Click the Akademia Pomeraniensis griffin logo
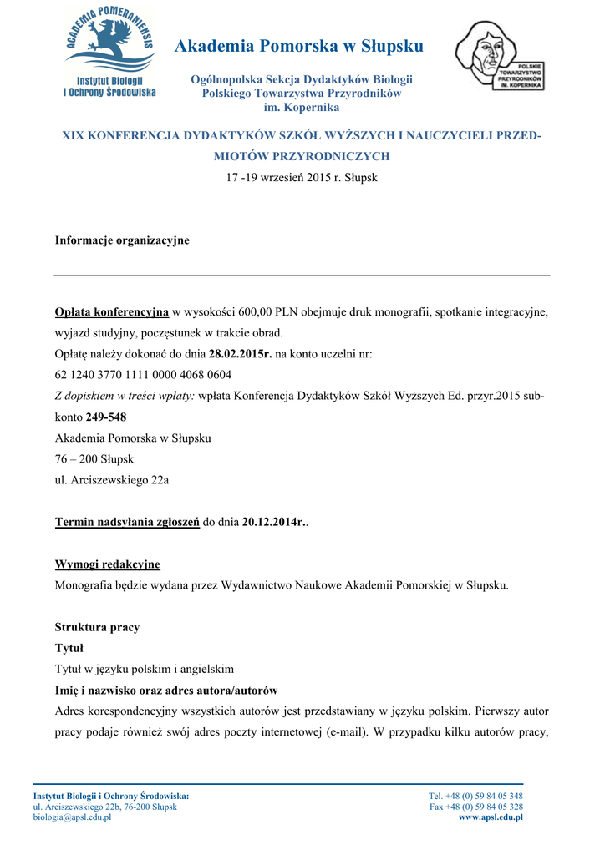pos(109,52)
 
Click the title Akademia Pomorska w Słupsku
pos(299,46)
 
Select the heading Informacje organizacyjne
pos(122,240)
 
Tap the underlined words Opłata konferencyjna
pos(112,312)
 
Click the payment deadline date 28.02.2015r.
pos(241,354)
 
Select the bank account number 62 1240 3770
pos(143,375)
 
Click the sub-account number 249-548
pos(106,417)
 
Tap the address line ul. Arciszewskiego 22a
pos(112,479)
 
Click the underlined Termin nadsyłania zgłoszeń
pos(127,522)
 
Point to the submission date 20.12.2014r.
pos(274,522)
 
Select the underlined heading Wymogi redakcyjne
pos(107,564)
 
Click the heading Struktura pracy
pos(97,627)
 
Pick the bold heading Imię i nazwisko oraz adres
pos(166,691)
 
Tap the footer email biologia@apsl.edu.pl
pos(72,817)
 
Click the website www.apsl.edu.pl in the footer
pos(491,817)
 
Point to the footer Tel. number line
pos(475,796)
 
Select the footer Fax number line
pos(476,807)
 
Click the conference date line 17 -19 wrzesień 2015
pos(302,178)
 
